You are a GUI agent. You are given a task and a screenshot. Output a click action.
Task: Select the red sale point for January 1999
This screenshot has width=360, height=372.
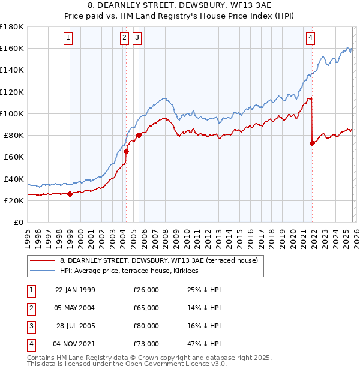point(70,194)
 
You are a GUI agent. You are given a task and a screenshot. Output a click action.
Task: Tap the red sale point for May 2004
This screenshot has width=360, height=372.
point(126,152)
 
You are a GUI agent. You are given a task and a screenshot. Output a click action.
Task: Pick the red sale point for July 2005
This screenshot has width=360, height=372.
point(139,135)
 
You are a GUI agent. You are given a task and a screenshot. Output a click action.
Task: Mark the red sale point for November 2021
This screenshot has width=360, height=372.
point(312,143)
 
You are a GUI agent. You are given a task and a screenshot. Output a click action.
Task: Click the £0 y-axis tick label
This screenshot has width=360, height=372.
point(18,223)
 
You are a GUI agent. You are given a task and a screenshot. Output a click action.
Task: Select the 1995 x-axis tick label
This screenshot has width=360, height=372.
point(27,237)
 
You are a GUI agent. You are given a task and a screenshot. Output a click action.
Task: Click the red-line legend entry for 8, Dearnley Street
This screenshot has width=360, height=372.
point(158,260)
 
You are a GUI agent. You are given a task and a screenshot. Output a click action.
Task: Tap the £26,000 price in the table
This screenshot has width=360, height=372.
point(146,290)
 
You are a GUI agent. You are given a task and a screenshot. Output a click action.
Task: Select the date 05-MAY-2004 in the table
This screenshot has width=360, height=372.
point(75,308)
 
